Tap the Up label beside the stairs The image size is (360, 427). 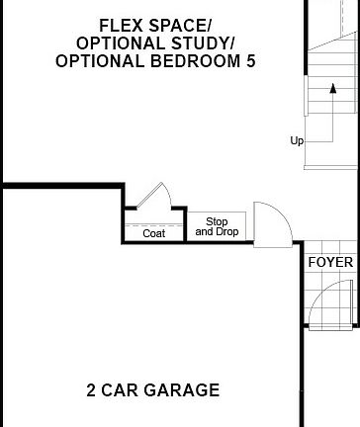(x=297, y=140)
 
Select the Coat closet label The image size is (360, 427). (x=153, y=233)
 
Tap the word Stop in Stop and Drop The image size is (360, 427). (x=217, y=221)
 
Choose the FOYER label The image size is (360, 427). (x=329, y=262)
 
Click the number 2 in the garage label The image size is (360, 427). (x=91, y=390)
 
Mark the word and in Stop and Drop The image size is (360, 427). (x=205, y=232)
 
